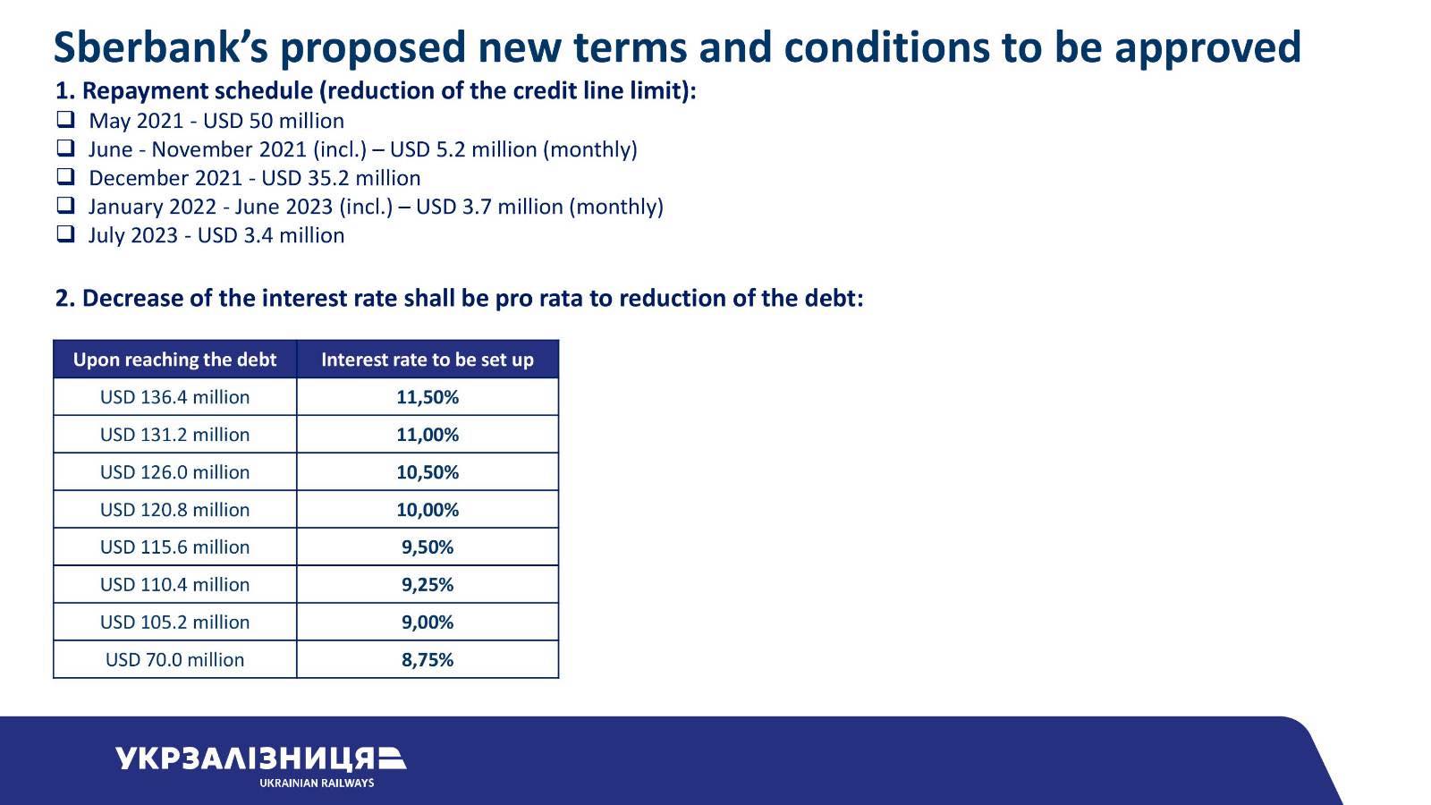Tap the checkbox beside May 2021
coord(66,120)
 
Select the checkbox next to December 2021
coord(66,176)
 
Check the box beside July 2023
coord(66,233)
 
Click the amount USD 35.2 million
coord(341,178)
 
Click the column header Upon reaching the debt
coord(174,359)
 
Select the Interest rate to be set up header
coord(428,359)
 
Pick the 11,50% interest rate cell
coord(428,397)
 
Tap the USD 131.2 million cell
coord(174,435)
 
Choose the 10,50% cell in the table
coord(428,472)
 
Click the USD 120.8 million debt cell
coord(174,509)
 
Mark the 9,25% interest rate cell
coord(428,585)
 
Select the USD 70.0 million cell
coord(174,659)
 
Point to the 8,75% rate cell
coord(428,659)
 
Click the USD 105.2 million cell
coord(174,623)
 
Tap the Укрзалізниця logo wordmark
coord(260,758)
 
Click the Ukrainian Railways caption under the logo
coord(317,784)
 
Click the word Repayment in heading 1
coord(144,91)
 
